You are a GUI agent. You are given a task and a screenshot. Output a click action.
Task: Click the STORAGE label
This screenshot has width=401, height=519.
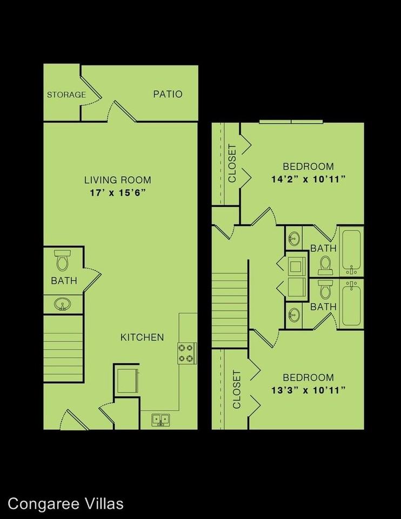point(66,95)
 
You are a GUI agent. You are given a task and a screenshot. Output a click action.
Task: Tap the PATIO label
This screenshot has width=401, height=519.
point(168,94)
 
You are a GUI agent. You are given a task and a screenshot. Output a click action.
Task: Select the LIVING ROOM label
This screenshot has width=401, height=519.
point(117,180)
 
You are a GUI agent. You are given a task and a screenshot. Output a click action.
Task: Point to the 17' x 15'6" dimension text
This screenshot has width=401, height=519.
point(117,193)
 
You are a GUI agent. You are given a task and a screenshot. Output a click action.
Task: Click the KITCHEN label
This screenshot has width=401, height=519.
point(142,337)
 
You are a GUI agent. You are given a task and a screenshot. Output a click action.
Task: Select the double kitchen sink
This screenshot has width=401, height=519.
point(160,419)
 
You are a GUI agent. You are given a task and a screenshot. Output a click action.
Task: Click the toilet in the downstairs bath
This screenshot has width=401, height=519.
point(62,261)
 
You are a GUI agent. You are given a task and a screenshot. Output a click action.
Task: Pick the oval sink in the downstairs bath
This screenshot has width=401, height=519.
point(62,305)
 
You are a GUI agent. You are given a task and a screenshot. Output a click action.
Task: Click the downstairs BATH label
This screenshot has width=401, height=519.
point(64,281)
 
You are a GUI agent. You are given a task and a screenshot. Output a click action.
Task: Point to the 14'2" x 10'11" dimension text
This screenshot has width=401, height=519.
point(309,179)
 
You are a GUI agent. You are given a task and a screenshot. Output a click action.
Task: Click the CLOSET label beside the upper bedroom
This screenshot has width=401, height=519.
point(232,164)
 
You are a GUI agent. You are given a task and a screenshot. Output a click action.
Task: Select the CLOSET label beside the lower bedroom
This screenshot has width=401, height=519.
point(236,389)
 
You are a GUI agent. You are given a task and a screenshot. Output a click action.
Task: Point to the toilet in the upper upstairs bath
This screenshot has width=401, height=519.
point(325,264)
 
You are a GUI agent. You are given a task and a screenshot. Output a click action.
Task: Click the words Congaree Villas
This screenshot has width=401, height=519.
point(62,504)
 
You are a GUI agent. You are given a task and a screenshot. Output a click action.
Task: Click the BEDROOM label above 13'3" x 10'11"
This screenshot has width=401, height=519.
point(309,377)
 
